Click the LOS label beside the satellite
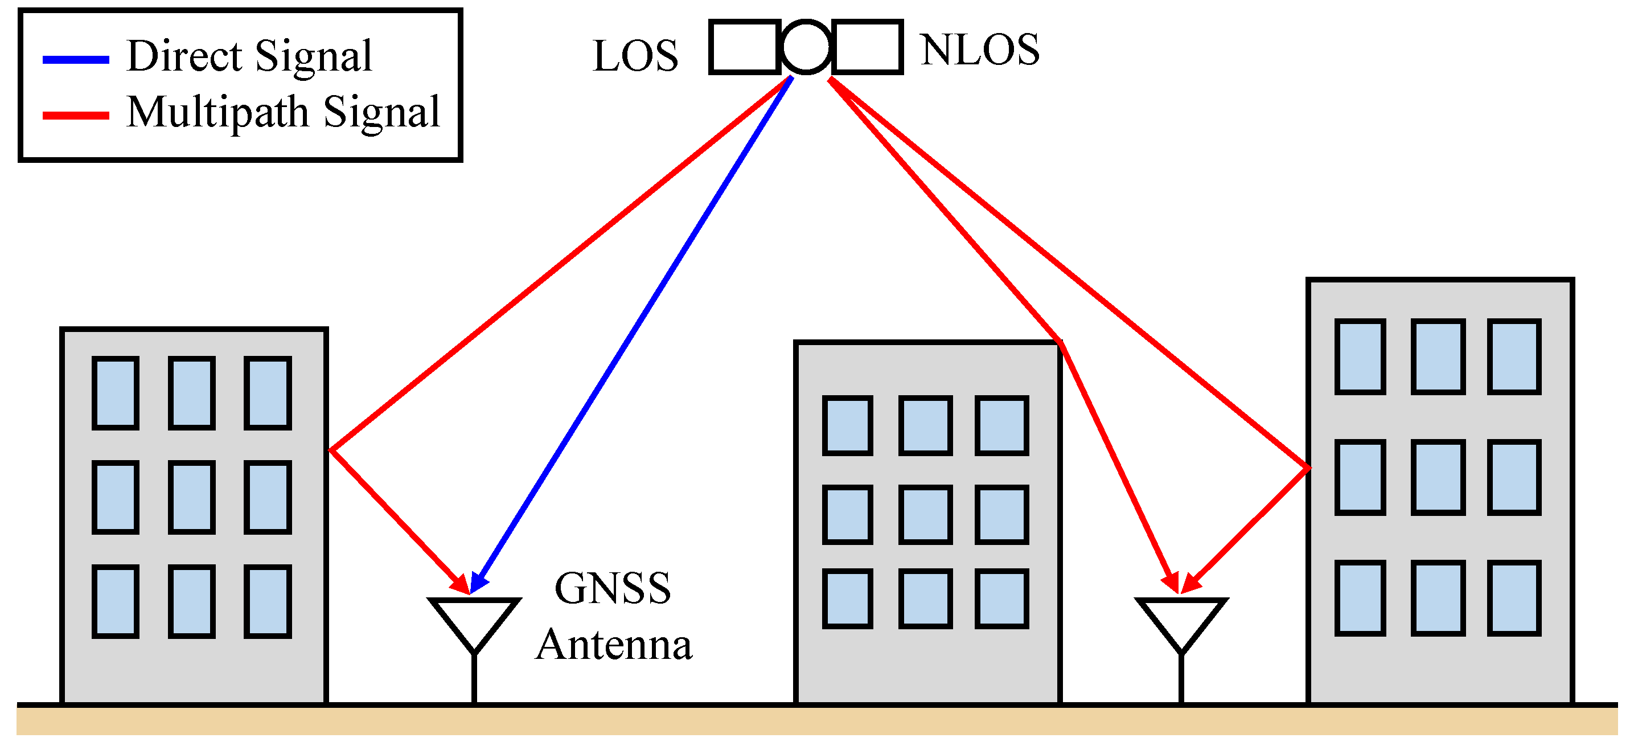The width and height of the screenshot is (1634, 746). pyautogui.click(x=635, y=56)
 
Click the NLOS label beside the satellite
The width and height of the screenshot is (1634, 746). pyautogui.click(x=979, y=50)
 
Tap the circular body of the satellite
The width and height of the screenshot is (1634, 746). pyautogui.click(x=806, y=47)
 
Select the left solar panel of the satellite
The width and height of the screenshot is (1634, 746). pyautogui.click(x=744, y=47)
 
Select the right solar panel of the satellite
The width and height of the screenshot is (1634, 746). pyautogui.click(x=867, y=47)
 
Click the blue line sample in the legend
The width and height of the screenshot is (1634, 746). pyautogui.click(x=76, y=60)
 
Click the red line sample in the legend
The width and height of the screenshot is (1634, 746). pyautogui.click(x=76, y=116)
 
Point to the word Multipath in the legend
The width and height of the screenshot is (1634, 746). pyautogui.click(x=217, y=112)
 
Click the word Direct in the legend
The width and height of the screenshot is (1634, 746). pyautogui.click(x=184, y=56)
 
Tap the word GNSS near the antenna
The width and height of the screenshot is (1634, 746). pyautogui.click(x=612, y=588)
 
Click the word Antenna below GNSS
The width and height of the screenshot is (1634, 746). pyautogui.click(x=613, y=645)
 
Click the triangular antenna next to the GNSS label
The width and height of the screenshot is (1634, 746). pyautogui.click(x=474, y=618)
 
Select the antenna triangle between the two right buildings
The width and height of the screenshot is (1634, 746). pyautogui.click(x=1181, y=618)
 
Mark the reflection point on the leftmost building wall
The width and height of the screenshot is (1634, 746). pyautogui.click(x=330, y=450)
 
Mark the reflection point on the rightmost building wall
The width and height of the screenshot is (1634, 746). pyautogui.click(x=1308, y=468)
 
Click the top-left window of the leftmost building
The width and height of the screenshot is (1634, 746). pyautogui.click(x=116, y=393)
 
